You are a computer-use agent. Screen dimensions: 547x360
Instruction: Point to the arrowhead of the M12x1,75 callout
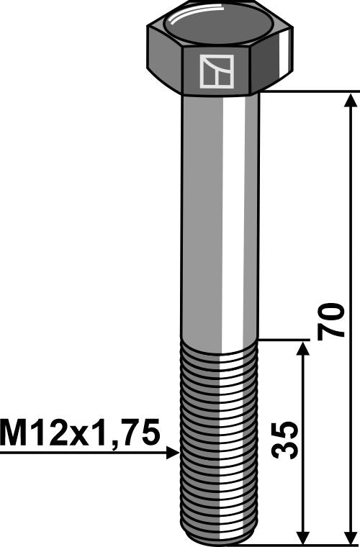[173, 453]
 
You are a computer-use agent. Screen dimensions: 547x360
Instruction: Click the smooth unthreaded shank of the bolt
[219, 216]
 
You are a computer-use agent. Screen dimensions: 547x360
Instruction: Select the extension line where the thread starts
[284, 340]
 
